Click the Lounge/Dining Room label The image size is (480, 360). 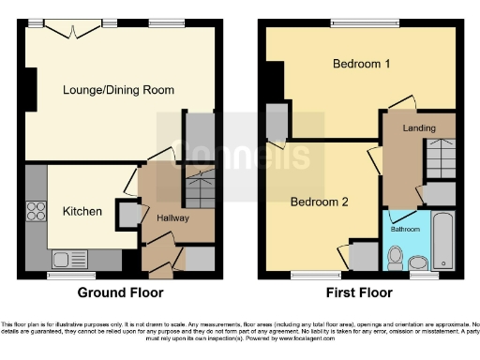point(118,90)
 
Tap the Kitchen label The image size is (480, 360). point(82,211)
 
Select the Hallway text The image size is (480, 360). point(173,218)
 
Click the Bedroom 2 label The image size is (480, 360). point(319,202)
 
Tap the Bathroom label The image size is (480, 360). point(405,229)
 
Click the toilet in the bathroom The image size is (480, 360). point(396,254)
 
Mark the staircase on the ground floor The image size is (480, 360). point(198,191)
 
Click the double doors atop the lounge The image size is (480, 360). point(71,28)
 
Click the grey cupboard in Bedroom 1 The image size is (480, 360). point(277,123)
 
